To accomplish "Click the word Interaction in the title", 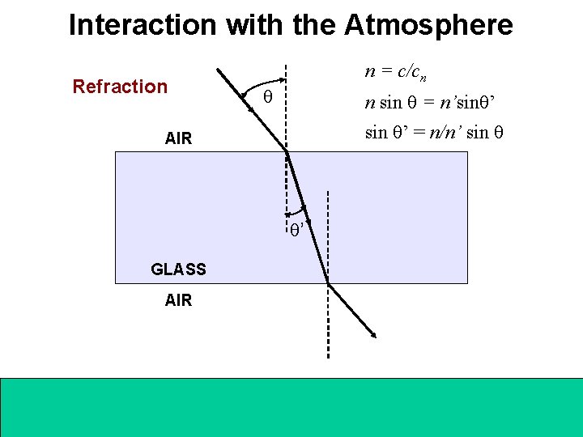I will (x=143, y=25).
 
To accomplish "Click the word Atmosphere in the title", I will (x=428, y=25).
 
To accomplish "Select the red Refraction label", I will (x=120, y=87).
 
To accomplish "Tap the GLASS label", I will (x=179, y=269).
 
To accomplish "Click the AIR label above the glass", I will (x=178, y=138).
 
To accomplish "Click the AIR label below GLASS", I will (x=178, y=300).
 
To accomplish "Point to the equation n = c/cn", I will (x=396, y=73).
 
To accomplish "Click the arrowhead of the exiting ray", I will (x=374, y=335).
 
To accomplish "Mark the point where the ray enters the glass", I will (x=287, y=151).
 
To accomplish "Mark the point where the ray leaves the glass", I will (x=327, y=283).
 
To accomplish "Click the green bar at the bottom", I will (x=291, y=406).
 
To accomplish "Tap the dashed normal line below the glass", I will (x=328, y=324).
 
